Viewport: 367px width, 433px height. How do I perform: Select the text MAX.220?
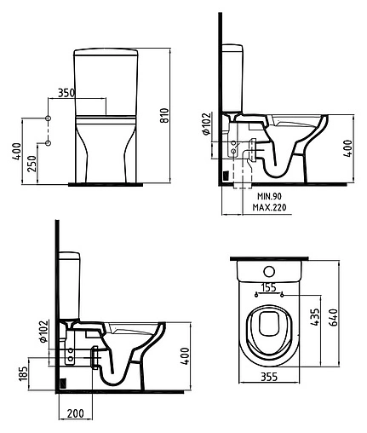272,207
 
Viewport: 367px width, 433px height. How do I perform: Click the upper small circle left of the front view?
49,117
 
